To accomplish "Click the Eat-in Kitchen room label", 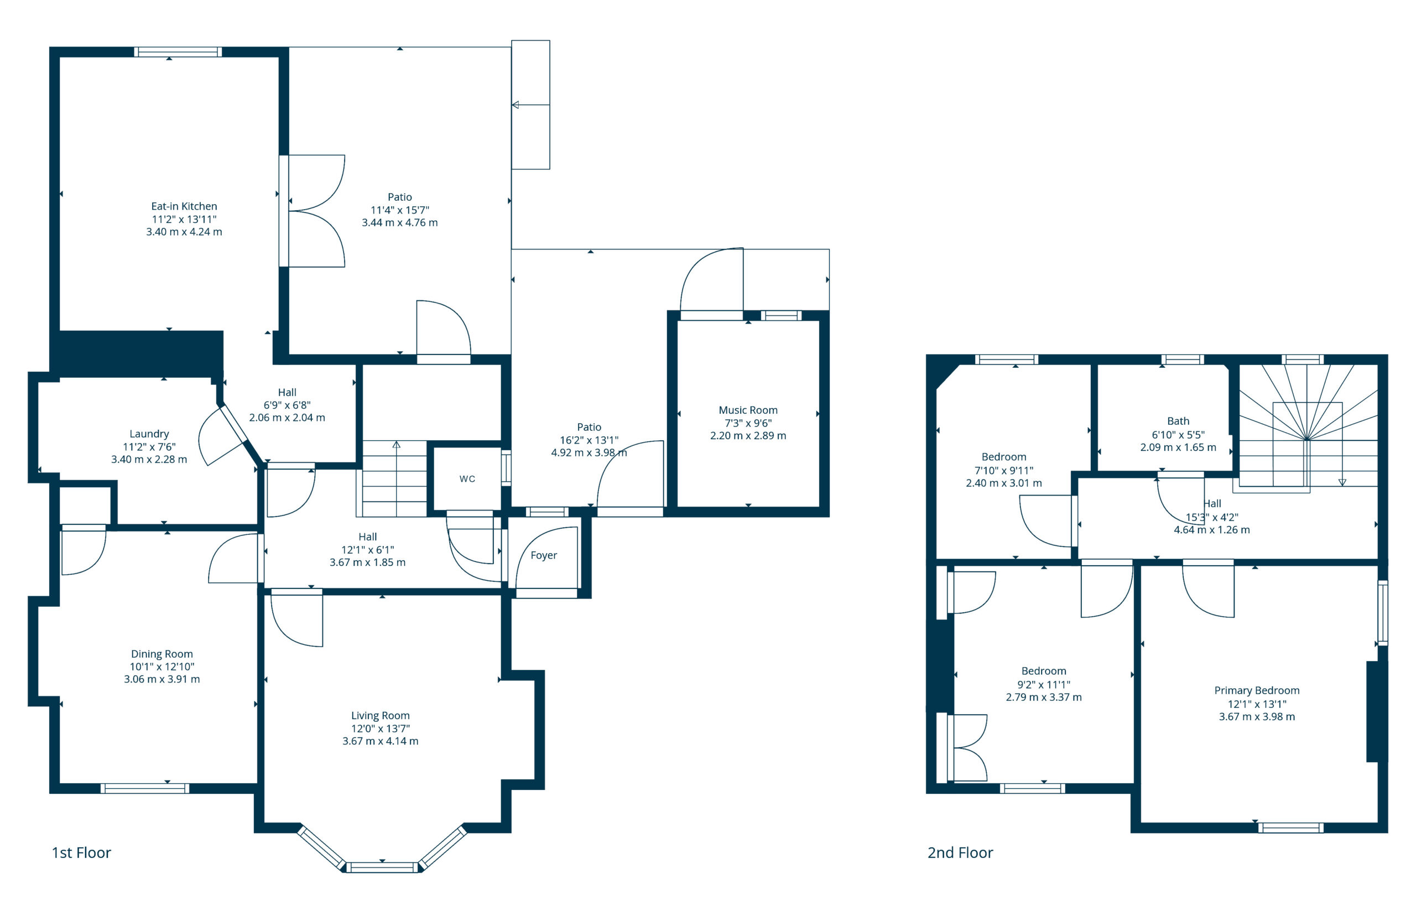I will (184, 206).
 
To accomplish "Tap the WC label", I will (467, 478).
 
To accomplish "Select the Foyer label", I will (543, 555).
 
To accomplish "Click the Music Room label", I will (748, 410).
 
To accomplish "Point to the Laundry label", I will (149, 434).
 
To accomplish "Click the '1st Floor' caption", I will (81, 852).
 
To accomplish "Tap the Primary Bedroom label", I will (1256, 690).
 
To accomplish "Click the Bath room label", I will (1178, 421).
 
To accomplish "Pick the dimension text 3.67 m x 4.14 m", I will (380, 741).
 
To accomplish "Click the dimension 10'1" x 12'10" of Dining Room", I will (162, 666).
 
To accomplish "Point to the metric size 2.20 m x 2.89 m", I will (748, 435).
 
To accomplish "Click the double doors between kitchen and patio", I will (314, 211).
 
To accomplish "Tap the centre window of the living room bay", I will (382, 867).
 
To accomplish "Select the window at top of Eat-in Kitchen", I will (178, 52).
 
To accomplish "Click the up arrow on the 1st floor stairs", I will (396, 445).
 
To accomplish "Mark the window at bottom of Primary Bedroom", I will (1290, 827).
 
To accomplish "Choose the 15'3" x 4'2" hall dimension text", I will (1211, 517).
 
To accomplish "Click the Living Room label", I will (380, 715).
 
